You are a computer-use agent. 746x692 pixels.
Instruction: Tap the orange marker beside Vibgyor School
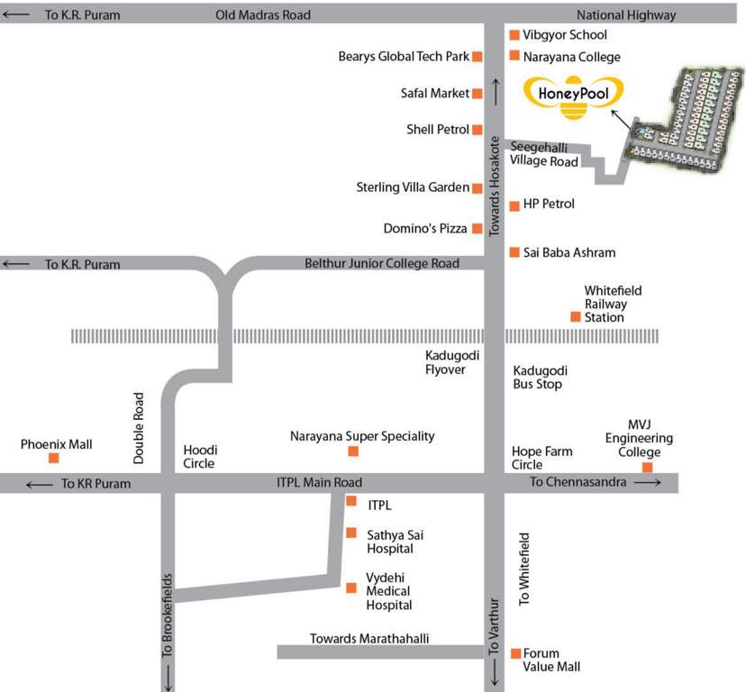[514, 35]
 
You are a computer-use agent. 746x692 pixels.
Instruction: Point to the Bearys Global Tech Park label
[404, 57]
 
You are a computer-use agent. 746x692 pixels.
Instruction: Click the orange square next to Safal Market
[478, 93]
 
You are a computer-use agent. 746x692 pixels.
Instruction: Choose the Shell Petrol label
[438, 130]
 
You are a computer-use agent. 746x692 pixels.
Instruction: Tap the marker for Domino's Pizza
[478, 229]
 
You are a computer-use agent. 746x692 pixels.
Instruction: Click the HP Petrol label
[549, 205]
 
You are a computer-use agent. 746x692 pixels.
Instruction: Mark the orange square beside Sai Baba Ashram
[514, 252]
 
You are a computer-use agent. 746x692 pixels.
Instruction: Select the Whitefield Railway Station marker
[575, 316]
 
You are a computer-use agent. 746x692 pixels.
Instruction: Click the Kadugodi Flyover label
[445, 362]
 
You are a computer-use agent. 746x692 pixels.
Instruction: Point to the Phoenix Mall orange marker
[54, 458]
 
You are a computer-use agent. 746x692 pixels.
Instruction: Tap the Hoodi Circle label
[200, 457]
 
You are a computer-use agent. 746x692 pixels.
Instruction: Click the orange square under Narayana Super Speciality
[353, 451]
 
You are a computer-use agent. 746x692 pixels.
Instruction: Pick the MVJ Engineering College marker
[647, 467]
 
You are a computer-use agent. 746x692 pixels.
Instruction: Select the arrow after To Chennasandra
[648, 483]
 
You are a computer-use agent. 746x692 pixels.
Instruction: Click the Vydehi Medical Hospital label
[388, 591]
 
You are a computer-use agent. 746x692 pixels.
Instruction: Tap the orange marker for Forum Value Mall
[515, 653]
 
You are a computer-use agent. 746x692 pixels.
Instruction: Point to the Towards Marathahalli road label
[369, 639]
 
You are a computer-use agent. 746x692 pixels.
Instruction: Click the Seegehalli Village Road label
[543, 154]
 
